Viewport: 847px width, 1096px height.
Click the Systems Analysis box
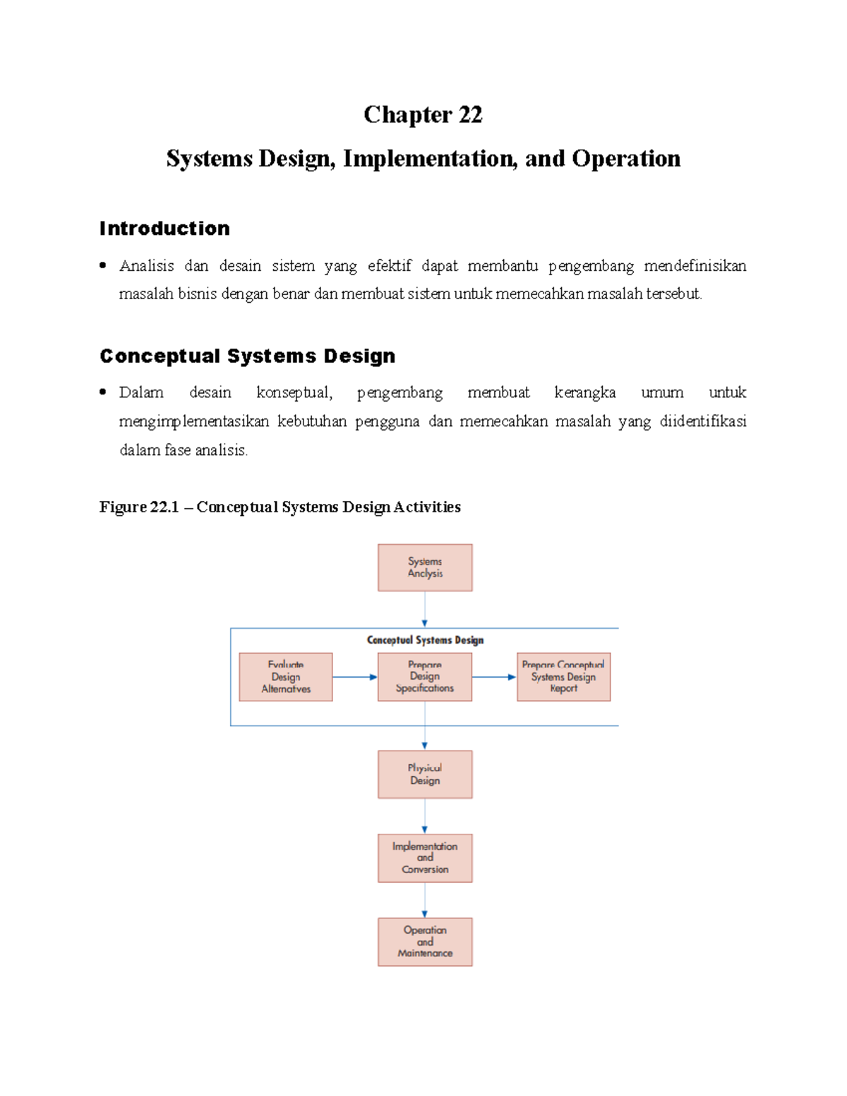425,567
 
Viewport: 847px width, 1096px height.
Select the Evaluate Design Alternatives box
286,677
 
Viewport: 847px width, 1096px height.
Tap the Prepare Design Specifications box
425,677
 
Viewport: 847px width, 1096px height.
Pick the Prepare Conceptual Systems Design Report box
563,677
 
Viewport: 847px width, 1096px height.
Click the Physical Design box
425,774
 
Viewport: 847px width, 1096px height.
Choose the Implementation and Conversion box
425,858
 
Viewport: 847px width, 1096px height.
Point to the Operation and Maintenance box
425,941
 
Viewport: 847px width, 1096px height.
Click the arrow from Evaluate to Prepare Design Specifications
354,677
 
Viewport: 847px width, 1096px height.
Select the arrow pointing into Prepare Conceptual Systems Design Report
494,677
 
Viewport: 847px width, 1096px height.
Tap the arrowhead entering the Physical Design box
425,746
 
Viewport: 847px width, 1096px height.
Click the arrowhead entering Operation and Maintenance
425,914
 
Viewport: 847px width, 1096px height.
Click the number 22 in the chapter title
470,114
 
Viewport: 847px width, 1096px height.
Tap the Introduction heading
164,229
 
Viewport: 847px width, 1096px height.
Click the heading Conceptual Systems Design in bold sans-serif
247,356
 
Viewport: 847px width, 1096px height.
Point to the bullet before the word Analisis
103,265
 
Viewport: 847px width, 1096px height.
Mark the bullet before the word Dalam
103,392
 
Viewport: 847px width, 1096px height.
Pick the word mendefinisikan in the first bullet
695,265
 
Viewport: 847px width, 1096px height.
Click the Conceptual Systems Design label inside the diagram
425,640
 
